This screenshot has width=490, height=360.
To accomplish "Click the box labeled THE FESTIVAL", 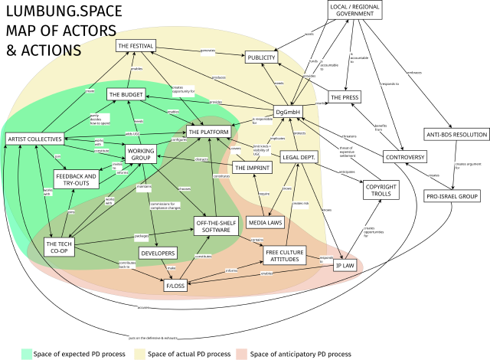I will [136, 46].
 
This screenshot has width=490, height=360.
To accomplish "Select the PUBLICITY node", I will [266, 57].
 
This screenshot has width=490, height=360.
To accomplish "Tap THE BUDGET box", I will [126, 94].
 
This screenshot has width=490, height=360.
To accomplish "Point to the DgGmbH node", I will [289, 111].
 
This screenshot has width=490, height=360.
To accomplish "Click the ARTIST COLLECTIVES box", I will [34, 139].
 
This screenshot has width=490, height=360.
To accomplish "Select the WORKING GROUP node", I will [140, 154].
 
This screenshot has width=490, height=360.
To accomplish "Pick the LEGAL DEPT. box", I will [299, 156].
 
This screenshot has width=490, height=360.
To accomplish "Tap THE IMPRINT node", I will [252, 167].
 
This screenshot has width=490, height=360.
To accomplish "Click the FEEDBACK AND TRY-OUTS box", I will [76, 179].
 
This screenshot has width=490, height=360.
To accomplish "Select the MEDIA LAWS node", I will [266, 223].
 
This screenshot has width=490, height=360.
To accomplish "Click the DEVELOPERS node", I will [158, 253].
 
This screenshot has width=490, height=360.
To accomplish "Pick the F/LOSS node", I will [175, 286].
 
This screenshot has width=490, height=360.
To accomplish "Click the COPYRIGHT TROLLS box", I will [381, 190].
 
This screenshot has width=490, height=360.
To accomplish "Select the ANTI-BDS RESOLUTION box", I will [456, 134].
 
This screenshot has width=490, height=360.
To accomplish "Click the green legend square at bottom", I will [27, 353].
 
